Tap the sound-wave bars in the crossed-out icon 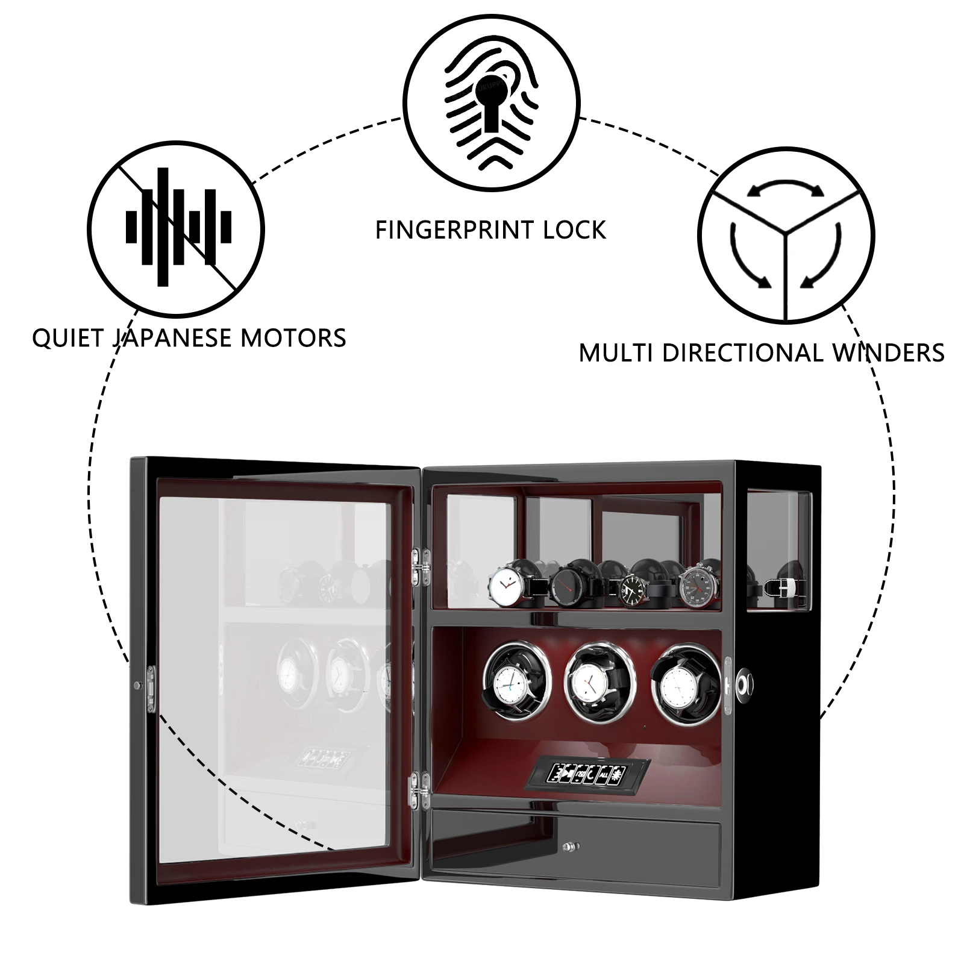[178, 227]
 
